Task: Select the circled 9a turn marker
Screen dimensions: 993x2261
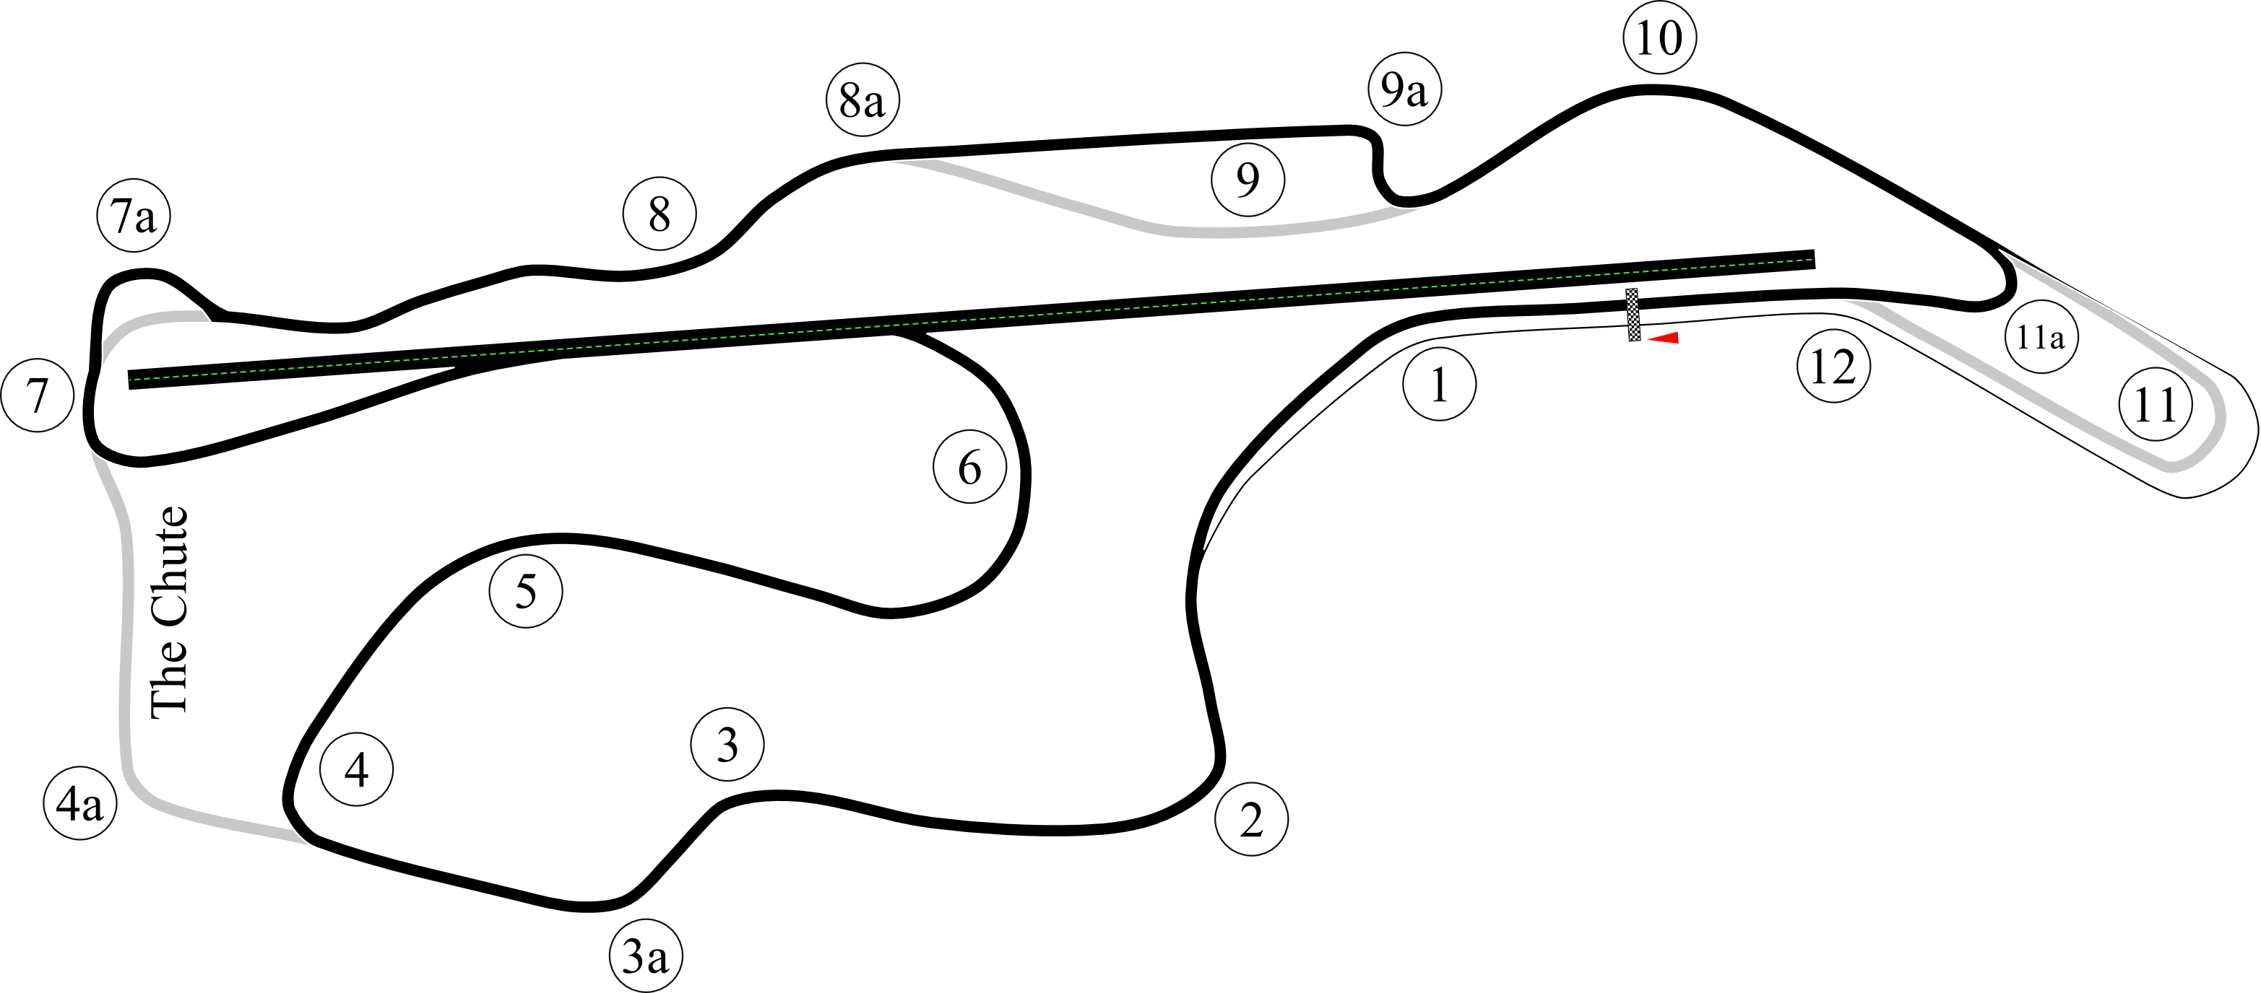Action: (1404, 89)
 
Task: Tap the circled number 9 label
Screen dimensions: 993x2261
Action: (1248, 180)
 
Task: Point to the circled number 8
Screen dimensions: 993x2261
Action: (660, 213)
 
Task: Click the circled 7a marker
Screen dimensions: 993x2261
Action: (134, 215)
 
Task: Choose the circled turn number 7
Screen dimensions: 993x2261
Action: (38, 395)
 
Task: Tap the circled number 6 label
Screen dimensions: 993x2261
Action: (970, 467)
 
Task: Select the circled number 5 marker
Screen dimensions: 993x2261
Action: (526, 591)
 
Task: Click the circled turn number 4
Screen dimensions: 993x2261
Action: (356, 769)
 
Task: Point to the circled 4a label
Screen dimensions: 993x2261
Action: (80, 803)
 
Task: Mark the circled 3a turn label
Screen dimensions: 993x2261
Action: (646, 956)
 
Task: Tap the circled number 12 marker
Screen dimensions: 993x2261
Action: (1833, 367)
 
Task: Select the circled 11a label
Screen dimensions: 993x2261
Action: (2041, 337)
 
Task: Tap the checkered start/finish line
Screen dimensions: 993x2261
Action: (1633, 315)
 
